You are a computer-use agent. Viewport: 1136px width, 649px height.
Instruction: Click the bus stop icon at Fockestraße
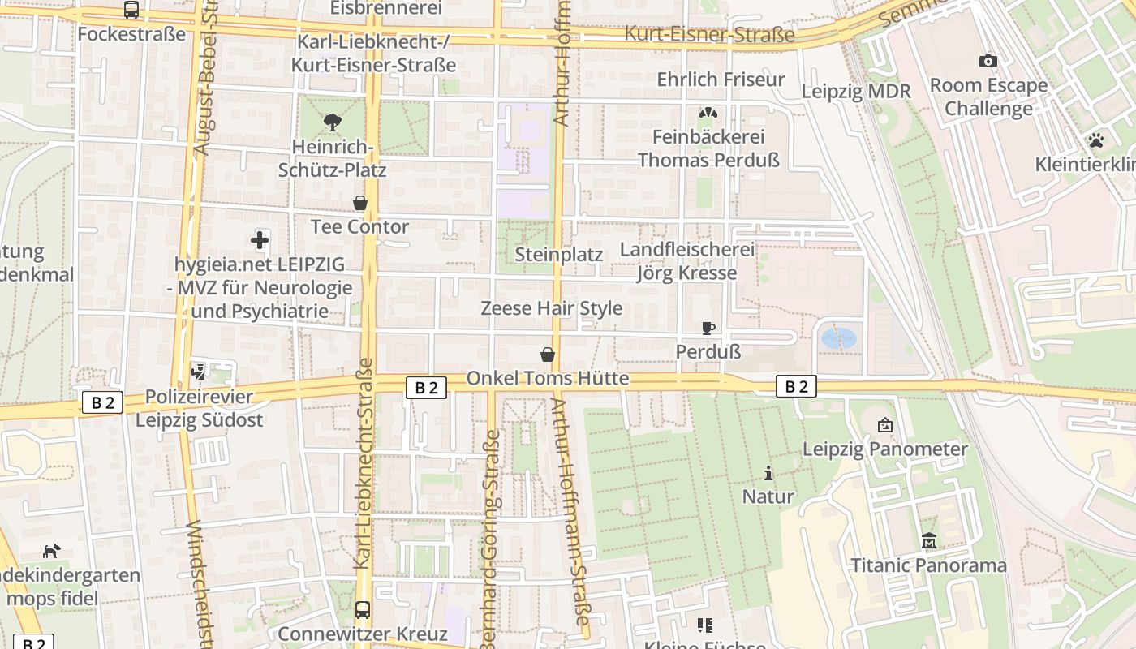click(131, 10)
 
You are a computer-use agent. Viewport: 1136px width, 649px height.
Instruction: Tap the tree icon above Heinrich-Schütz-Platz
click(332, 122)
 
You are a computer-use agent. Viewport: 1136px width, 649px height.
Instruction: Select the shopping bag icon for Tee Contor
click(359, 202)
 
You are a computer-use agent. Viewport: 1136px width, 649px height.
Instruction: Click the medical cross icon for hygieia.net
click(260, 239)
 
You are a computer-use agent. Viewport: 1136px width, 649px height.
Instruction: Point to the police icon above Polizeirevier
click(199, 372)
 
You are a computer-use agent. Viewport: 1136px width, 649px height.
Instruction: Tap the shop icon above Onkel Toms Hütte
click(548, 355)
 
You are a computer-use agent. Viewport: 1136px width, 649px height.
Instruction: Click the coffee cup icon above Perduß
click(708, 328)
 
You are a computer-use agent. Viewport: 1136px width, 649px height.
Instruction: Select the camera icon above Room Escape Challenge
click(988, 61)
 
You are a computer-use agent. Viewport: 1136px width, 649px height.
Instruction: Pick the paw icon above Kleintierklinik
click(1096, 140)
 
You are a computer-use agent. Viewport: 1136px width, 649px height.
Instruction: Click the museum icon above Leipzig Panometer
click(884, 424)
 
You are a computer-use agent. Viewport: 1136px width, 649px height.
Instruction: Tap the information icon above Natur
click(768, 472)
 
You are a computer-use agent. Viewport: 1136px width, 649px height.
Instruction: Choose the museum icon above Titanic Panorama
click(928, 541)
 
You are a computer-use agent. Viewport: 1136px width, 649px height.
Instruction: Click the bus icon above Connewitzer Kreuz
click(363, 609)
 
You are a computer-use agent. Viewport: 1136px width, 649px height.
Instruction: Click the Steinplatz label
click(559, 255)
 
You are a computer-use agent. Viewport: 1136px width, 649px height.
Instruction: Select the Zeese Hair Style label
click(552, 308)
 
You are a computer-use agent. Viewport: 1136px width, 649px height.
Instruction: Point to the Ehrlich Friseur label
click(721, 80)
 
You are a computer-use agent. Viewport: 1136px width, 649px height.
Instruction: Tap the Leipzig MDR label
click(856, 91)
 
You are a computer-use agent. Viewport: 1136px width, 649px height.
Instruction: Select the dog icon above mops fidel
click(51, 551)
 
